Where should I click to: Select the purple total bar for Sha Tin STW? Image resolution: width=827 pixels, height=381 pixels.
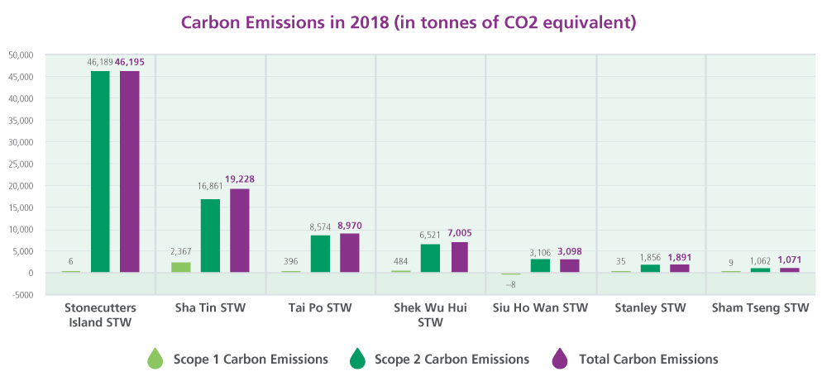click(x=239, y=231)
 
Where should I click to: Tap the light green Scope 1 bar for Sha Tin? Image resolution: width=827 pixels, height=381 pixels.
click(x=180, y=267)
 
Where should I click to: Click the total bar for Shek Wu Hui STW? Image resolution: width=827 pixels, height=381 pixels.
click(x=459, y=257)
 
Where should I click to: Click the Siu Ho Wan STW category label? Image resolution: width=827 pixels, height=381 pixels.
click(x=541, y=309)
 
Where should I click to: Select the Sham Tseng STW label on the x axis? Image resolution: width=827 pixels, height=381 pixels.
click(x=761, y=309)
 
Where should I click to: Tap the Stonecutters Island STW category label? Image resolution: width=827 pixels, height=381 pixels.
click(x=100, y=315)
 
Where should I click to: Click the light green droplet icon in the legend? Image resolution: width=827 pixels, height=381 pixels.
click(x=155, y=359)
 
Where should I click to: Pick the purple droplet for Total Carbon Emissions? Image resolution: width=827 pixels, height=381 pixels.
click(x=559, y=359)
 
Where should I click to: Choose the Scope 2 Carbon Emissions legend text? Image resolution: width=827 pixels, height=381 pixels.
click(x=452, y=360)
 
